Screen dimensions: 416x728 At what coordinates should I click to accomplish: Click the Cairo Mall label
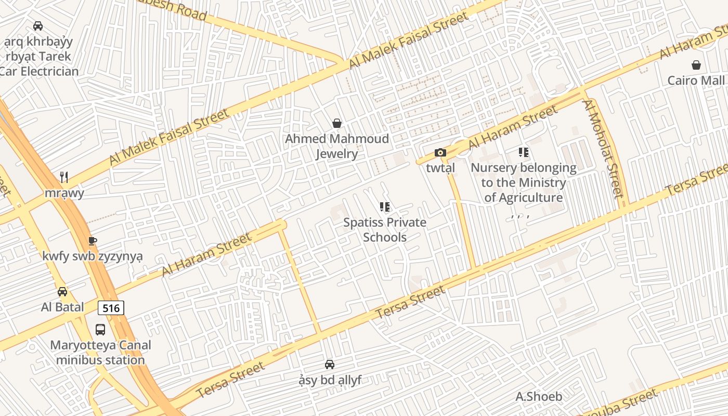(x=696, y=81)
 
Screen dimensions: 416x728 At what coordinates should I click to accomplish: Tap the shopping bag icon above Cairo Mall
(x=696, y=65)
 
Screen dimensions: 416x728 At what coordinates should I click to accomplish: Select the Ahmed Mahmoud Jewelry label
(x=337, y=146)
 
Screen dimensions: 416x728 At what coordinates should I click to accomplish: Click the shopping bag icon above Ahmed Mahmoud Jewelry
(x=337, y=123)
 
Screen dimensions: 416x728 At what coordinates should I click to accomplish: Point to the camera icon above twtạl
(x=440, y=152)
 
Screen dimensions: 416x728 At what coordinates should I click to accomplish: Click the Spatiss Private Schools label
(x=385, y=230)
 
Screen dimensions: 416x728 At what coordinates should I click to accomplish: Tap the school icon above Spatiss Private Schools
(x=385, y=207)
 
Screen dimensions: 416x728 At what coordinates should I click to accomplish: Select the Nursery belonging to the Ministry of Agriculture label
(x=524, y=183)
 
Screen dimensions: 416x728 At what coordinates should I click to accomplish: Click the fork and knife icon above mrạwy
(x=64, y=177)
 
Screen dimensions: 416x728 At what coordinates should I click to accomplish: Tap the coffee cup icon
(x=93, y=241)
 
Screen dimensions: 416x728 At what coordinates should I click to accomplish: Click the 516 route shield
(x=111, y=308)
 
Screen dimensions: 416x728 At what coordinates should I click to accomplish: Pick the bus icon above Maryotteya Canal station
(x=100, y=329)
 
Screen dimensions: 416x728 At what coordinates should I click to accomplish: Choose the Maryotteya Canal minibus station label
(x=100, y=353)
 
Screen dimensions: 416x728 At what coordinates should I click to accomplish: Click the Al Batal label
(x=62, y=307)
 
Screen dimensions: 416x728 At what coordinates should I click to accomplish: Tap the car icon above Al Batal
(x=62, y=292)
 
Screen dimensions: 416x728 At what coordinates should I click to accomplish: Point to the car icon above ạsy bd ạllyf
(x=329, y=365)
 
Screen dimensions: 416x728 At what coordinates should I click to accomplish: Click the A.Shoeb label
(x=539, y=397)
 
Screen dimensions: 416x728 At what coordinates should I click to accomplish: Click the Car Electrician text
(x=40, y=71)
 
